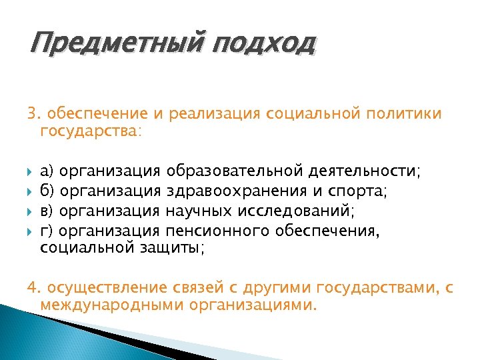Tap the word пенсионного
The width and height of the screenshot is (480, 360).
click(215, 231)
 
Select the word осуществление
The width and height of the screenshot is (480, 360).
click(105, 288)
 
